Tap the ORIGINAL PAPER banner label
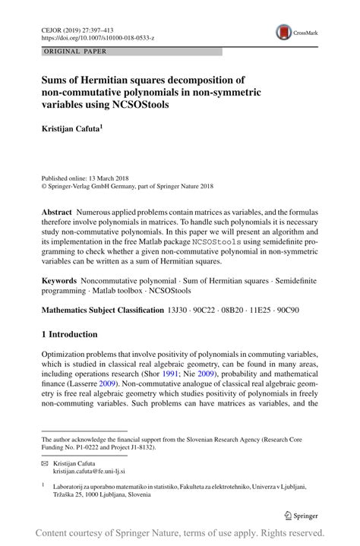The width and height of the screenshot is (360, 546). [x=68, y=52]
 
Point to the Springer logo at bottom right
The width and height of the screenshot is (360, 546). [x=302, y=514]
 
